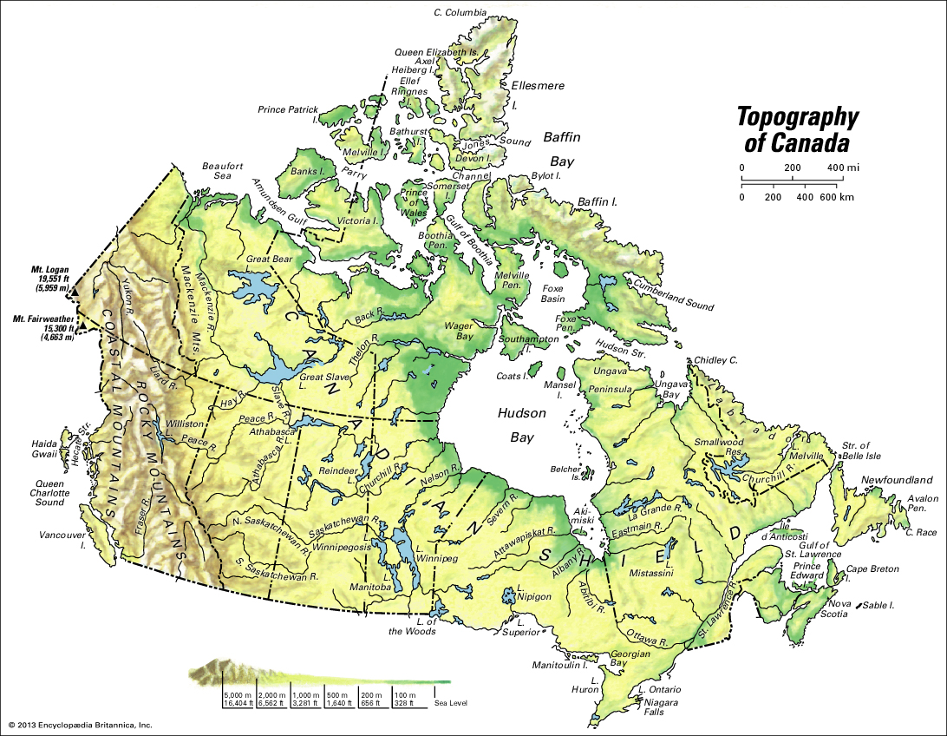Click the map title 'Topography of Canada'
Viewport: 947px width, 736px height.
pyautogui.click(x=797, y=129)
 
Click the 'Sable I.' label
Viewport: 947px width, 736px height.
pyautogui.click(x=885, y=604)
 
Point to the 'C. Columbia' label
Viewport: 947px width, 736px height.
pyautogui.click(x=460, y=13)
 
